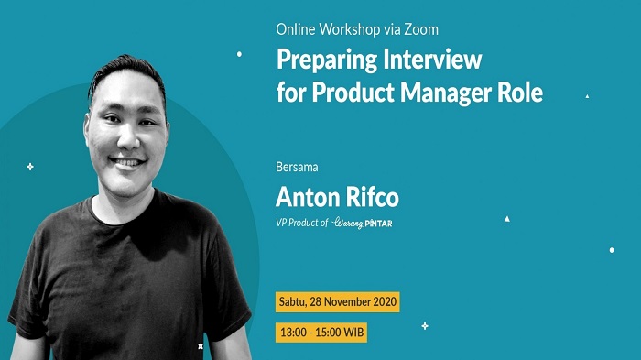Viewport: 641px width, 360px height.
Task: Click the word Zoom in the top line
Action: point(394,29)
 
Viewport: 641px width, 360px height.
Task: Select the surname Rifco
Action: point(370,197)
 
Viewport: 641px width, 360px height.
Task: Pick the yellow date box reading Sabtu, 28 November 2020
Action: point(338,300)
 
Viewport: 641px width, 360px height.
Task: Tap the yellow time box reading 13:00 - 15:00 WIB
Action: point(321,331)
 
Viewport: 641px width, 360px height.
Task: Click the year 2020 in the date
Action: point(384,300)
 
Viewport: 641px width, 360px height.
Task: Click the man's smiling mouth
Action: point(128,163)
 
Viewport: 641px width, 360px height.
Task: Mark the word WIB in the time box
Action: point(352,331)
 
